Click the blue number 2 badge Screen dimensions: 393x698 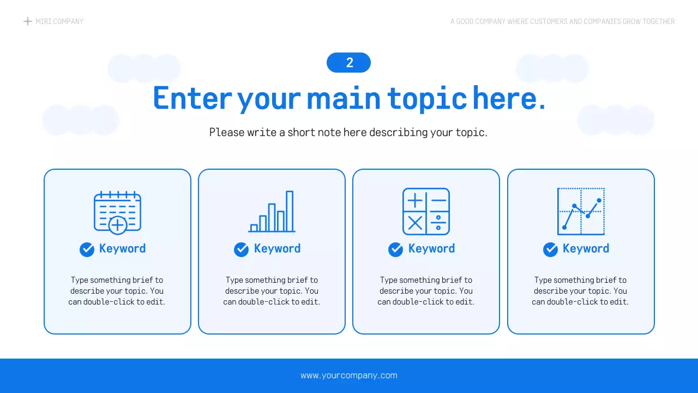point(348,63)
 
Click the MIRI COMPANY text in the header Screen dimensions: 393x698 point(59,21)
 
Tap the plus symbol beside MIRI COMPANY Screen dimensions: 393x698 point(28,21)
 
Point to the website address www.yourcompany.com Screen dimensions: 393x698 point(348,376)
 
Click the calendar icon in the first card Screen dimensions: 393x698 point(117,212)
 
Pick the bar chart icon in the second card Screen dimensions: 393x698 point(272,212)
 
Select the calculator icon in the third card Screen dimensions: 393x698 point(426,212)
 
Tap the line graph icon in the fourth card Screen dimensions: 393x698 point(581,212)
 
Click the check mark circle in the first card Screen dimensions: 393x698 point(87,249)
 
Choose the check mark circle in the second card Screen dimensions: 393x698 point(241,249)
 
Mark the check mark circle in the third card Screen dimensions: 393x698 point(395,249)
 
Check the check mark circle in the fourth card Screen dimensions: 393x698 point(550,249)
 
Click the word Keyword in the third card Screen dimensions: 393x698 point(431,249)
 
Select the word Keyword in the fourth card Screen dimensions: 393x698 point(586,249)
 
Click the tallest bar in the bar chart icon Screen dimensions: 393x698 point(290,211)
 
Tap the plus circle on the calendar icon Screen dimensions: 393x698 point(118,224)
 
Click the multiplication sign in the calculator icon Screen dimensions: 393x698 point(415,223)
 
